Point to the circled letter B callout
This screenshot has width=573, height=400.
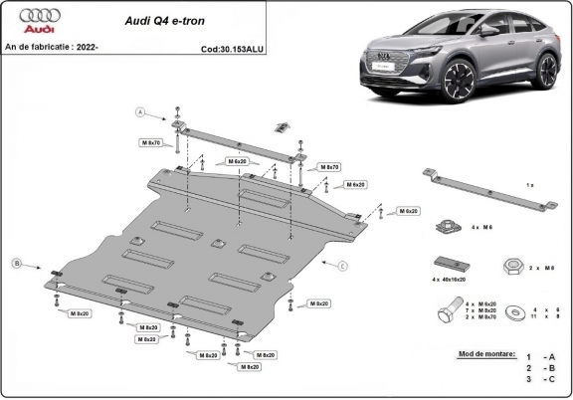(x=16, y=263)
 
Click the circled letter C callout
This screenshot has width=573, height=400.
(x=342, y=265)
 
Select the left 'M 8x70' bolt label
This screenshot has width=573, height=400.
(x=149, y=143)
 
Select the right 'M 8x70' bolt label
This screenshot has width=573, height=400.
(x=329, y=166)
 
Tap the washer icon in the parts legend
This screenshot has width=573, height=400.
(x=517, y=312)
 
